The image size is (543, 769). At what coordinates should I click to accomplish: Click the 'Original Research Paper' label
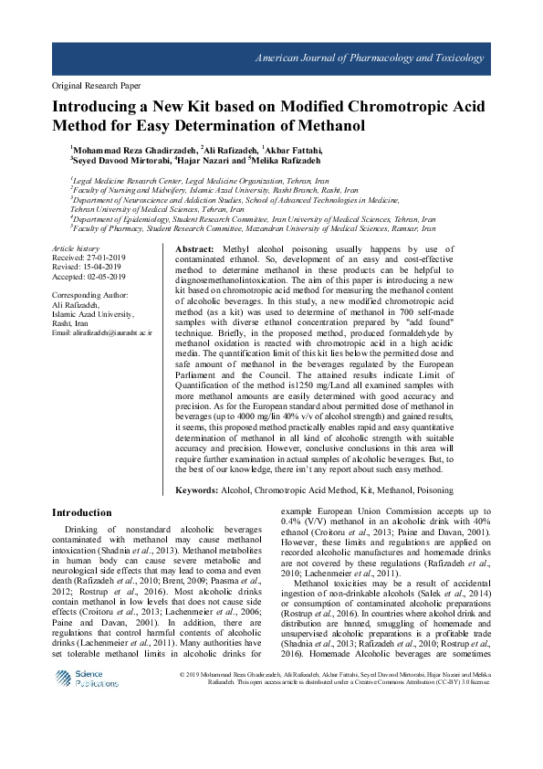pyautogui.click(x=91, y=83)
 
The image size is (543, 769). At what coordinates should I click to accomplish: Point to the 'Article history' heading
pyautogui.click(x=75, y=248)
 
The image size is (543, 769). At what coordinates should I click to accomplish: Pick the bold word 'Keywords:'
pyautogui.click(x=196, y=490)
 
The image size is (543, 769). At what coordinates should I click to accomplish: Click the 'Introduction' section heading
pyautogui.click(x=81, y=512)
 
